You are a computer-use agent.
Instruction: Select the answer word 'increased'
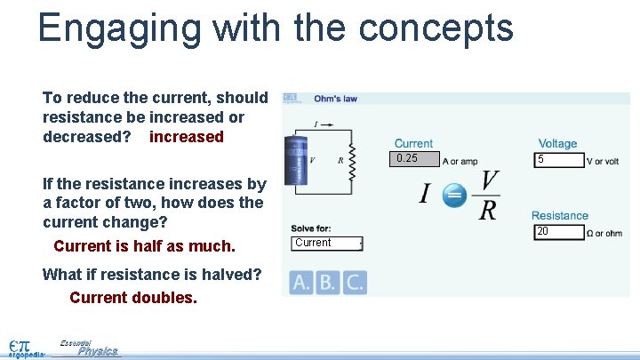(187, 137)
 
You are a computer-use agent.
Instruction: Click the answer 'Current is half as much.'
(144, 245)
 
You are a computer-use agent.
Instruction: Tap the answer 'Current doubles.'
(133, 298)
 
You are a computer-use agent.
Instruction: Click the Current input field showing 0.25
(416, 159)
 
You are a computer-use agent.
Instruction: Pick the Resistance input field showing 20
(557, 232)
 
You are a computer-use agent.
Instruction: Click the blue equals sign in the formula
(454, 195)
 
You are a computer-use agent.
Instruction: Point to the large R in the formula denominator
(486, 211)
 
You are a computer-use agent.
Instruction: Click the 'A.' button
(301, 283)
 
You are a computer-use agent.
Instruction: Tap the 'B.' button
(328, 283)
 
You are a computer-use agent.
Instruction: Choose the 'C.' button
(354, 283)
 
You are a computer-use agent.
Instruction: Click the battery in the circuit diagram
(294, 159)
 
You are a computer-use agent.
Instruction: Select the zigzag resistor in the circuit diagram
(351, 161)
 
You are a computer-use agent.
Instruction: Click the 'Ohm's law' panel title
(335, 99)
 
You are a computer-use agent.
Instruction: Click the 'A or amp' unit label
(460, 161)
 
